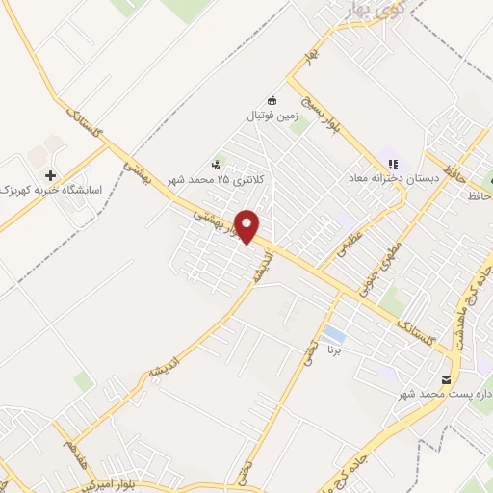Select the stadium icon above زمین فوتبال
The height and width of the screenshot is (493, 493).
pos(272,99)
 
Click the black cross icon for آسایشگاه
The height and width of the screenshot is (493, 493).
pos(50,175)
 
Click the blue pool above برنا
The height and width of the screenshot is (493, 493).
pos(334,335)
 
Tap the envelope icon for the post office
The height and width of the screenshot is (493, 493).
pos(446,379)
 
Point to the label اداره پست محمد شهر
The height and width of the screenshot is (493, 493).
pos(448,395)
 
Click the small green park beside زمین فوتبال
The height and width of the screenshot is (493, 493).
pos(299,126)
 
